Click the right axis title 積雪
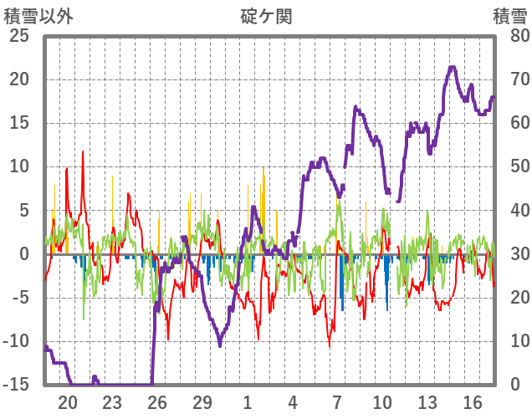coord(509,16)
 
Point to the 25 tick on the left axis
coord(18,37)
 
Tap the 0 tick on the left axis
coord(24,254)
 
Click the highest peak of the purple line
coord(453,68)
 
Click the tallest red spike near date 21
coord(83,152)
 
